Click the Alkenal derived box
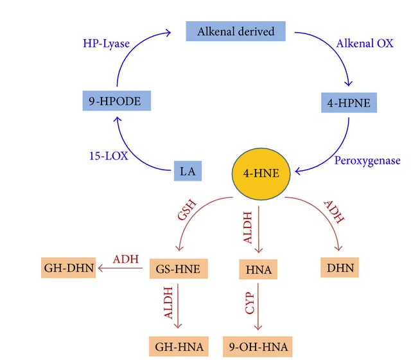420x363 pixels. [236, 31]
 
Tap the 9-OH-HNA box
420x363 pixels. [257, 347]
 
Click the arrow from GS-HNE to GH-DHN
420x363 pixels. [121, 269]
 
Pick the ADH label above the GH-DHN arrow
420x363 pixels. [125, 258]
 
